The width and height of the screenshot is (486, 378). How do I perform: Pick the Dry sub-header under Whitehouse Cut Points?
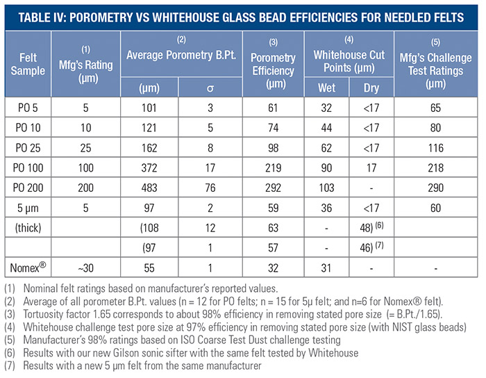(x=371, y=88)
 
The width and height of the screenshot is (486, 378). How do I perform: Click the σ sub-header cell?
(x=210, y=88)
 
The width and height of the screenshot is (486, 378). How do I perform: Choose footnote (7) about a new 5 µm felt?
(x=139, y=363)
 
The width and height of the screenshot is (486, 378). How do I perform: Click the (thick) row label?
(x=28, y=228)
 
